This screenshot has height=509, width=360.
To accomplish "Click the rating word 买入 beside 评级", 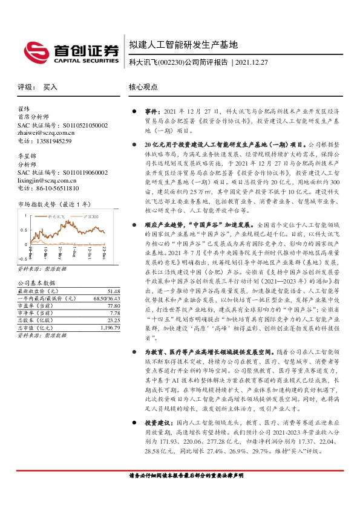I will coord(50,87).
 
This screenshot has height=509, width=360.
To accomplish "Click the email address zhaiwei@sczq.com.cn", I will coord(45,133).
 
